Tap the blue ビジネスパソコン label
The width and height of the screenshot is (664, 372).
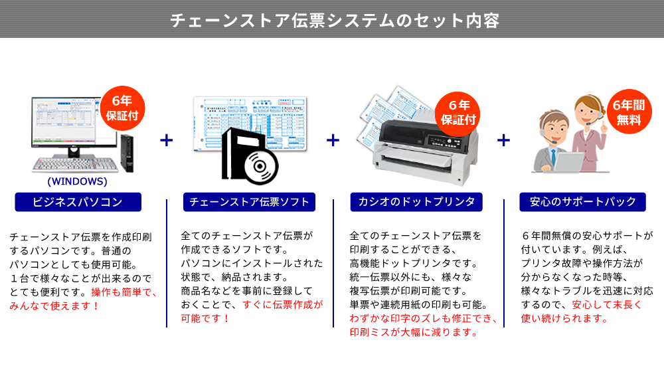(78, 202)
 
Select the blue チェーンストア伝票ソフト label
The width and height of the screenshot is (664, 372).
(248, 202)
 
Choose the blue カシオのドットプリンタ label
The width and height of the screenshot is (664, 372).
(416, 202)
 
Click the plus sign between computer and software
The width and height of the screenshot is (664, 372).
(166, 140)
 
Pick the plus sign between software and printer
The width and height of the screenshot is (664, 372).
(333, 140)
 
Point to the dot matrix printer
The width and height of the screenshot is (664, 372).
(418, 149)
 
